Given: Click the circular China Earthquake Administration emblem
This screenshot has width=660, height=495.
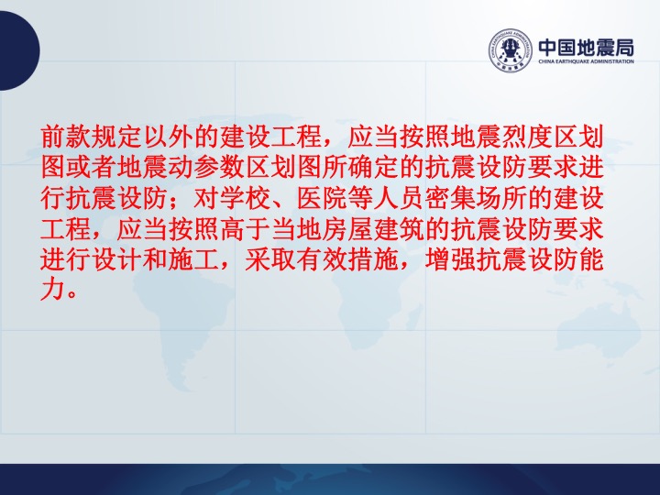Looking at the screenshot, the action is tap(511, 50).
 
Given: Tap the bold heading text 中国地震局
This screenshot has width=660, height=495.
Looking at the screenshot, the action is tap(587, 48).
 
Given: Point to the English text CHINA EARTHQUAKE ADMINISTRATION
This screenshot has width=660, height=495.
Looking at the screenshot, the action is tap(587, 61).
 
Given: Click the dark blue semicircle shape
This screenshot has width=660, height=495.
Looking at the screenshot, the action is tap(19, 50).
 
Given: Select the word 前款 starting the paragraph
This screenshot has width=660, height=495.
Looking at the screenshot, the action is tap(66, 137).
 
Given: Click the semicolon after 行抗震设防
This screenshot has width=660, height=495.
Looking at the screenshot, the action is tap(176, 201).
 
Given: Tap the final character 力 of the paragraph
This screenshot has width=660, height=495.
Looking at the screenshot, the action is tap(53, 291).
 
